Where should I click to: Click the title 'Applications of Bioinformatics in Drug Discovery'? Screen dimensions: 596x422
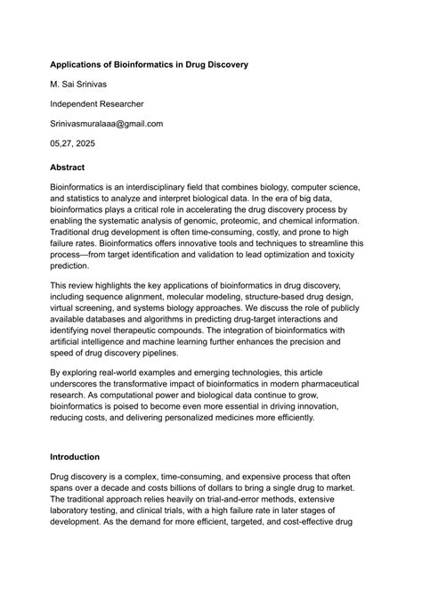pyautogui.click(x=149, y=65)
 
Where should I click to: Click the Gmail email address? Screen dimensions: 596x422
pyautogui.click(x=106, y=124)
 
